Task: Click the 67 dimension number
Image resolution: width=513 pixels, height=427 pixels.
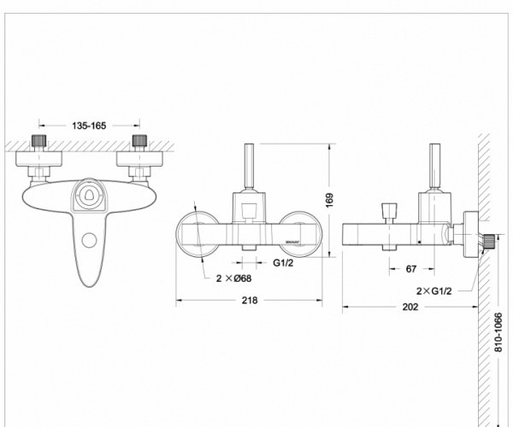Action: click(x=411, y=269)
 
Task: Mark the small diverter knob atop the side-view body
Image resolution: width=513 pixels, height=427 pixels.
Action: click(x=391, y=211)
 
